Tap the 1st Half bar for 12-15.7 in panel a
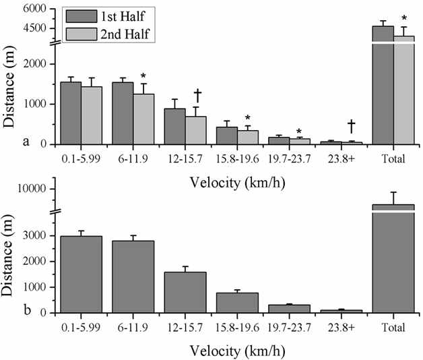(174, 126)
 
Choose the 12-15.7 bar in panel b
(185, 292)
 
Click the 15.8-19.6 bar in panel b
(237, 302)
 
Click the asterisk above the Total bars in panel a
(404, 19)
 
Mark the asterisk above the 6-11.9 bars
(143, 76)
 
